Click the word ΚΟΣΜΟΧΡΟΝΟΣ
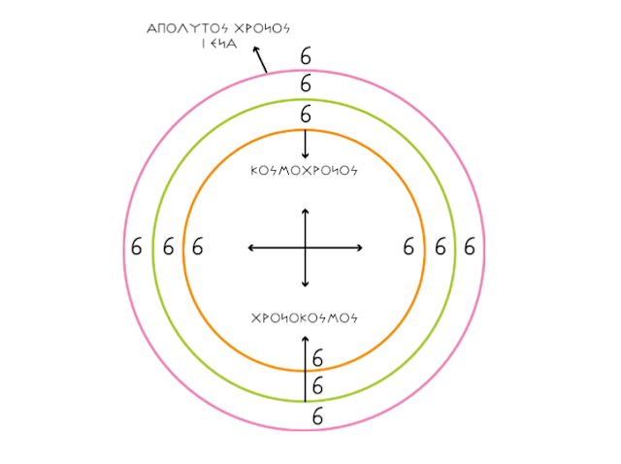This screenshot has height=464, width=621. point(305,170)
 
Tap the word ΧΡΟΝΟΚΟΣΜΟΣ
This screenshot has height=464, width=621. point(305,317)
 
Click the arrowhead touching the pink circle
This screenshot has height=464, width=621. point(266,69)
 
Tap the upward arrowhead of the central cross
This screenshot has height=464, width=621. point(306,210)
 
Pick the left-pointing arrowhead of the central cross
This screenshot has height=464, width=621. point(251,249)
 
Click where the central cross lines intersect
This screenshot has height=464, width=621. point(306,249)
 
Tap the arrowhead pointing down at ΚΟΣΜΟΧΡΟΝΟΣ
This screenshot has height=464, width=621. point(306,155)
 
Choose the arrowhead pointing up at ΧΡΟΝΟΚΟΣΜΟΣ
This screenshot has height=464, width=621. point(306,338)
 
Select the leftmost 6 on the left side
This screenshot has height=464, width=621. point(136,248)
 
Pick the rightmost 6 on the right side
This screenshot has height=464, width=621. point(470,248)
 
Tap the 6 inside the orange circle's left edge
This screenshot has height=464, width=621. point(198,248)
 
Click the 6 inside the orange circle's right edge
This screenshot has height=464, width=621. point(409,248)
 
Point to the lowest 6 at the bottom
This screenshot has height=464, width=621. point(317,416)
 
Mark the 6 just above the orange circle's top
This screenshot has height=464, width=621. point(306,115)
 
